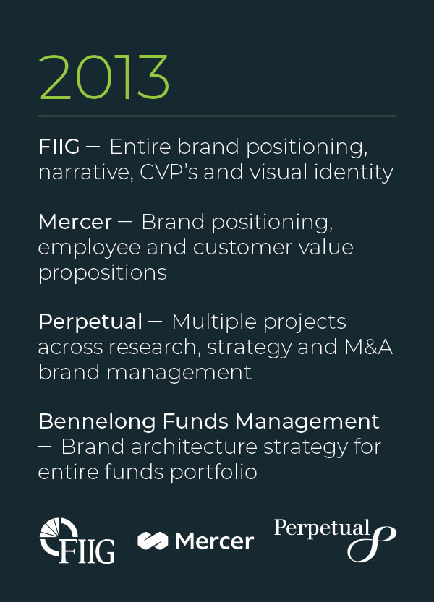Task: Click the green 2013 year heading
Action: (x=103, y=77)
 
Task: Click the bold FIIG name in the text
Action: (x=59, y=147)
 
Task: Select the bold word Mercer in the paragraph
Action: (x=75, y=222)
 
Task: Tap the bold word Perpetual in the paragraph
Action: (x=90, y=322)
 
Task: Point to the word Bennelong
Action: (x=97, y=422)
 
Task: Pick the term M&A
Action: (x=368, y=347)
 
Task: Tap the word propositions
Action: (x=103, y=273)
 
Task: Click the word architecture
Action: (x=194, y=447)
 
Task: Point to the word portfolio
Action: (x=213, y=472)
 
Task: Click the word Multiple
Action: (x=215, y=322)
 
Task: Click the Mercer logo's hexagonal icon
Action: (x=153, y=541)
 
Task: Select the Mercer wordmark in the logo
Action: (x=215, y=541)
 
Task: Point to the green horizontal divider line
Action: (x=217, y=116)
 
